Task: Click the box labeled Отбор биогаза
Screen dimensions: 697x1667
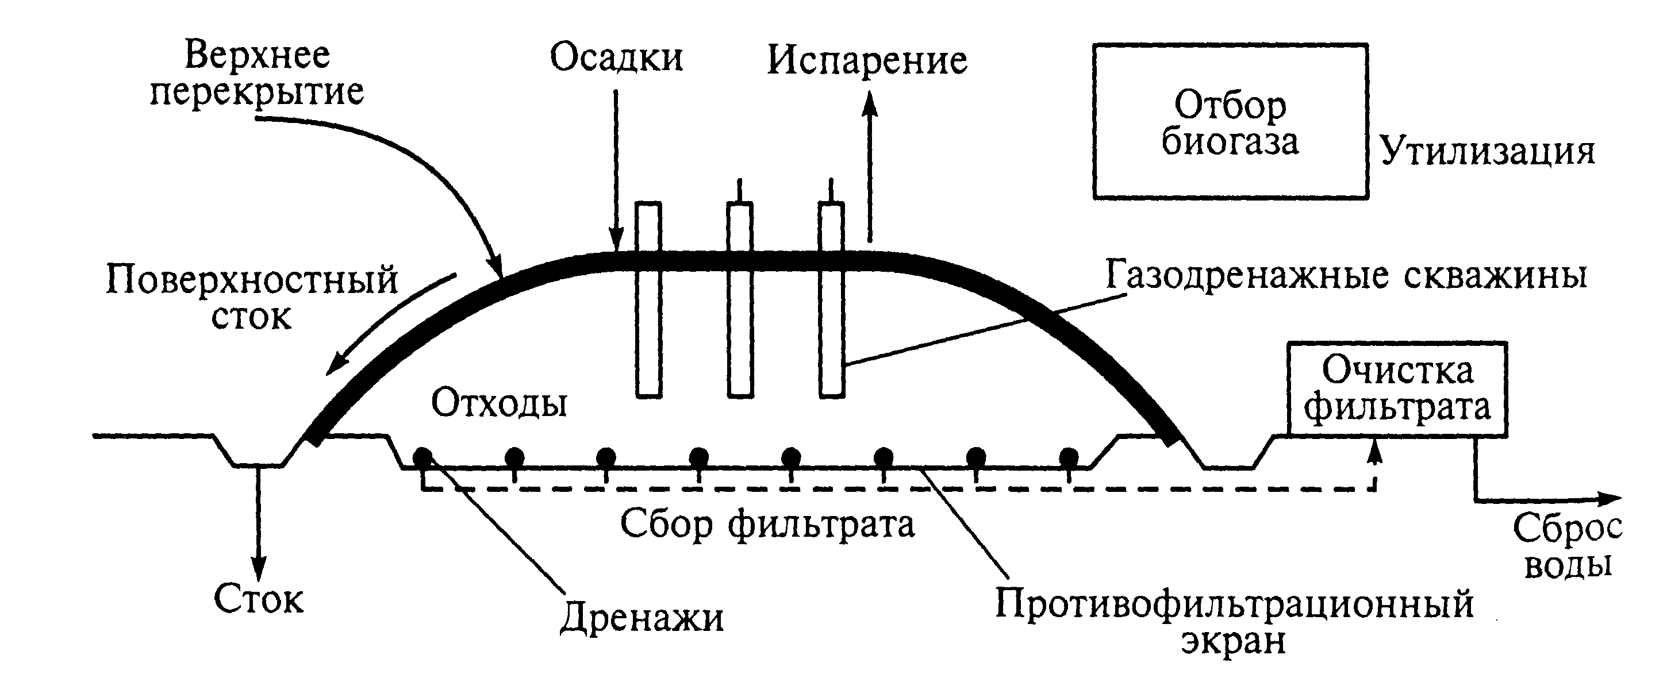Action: click(x=1230, y=122)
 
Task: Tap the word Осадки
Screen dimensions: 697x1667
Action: click(x=616, y=57)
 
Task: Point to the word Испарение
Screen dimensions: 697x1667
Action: click(x=867, y=61)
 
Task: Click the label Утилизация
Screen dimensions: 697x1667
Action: click(x=1488, y=153)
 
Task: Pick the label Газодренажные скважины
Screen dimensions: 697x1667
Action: click(x=1346, y=276)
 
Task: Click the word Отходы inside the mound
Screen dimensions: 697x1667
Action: click(x=499, y=404)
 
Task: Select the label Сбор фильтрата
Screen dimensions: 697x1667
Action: click(x=767, y=524)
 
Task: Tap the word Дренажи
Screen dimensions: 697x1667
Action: click(x=642, y=617)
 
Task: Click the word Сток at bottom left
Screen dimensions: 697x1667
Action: click(x=258, y=599)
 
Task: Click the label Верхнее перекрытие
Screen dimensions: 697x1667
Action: click(x=258, y=73)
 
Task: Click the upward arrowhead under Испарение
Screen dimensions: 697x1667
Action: click(x=870, y=103)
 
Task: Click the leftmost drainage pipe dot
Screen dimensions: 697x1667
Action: click(x=422, y=456)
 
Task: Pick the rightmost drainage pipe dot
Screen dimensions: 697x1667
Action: click(x=1069, y=456)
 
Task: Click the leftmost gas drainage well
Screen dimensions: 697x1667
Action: click(x=648, y=299)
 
